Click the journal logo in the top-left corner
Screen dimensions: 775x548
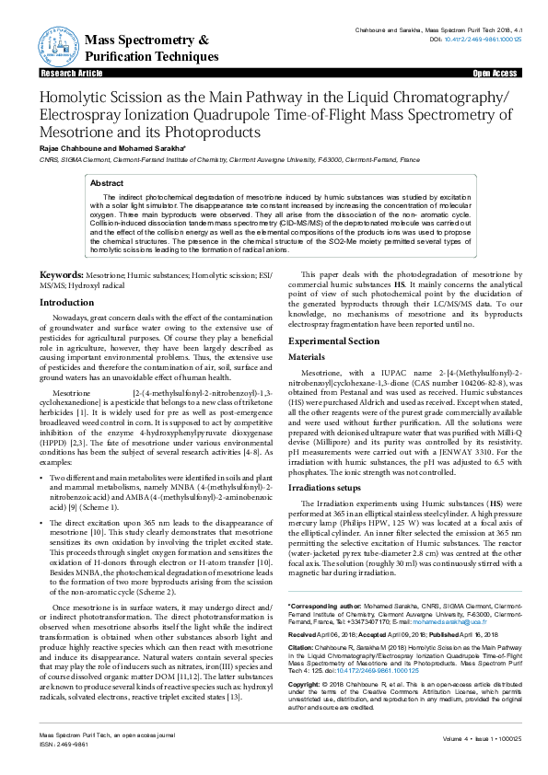coord(54,43)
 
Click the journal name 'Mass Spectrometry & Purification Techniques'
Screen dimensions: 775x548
coord(147,49)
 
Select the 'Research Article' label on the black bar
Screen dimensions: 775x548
coord(65,72)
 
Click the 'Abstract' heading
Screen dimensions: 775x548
coord(106,183)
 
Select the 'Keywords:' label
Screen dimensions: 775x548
coord(61,275)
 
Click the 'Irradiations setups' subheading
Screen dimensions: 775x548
coord(330,486)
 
